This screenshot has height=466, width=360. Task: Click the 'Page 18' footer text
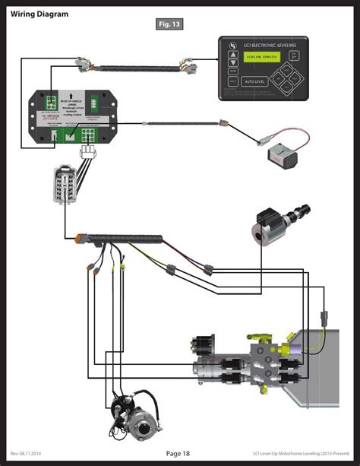pyautogui.click(x=178, y=454)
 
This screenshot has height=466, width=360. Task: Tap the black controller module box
pyautogui.click(x=68, y=117)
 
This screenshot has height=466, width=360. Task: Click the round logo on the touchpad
pyautogui.click(x=232, y=47)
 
